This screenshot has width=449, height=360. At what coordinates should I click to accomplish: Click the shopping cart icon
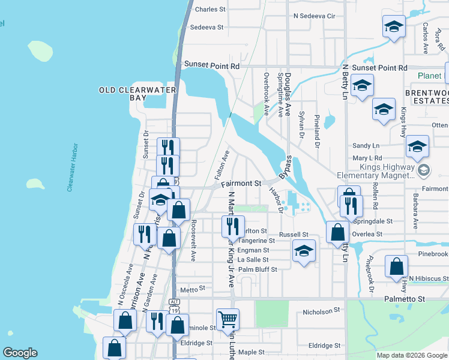tap(228, 319)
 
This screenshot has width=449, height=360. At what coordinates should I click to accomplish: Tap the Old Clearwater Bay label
tap(137, 94)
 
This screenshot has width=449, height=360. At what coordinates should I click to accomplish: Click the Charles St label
tap(210, 10)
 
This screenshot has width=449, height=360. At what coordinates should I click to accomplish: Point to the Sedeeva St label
tap(206, 28)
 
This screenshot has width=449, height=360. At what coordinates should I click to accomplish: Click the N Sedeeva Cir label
tap(313, 16)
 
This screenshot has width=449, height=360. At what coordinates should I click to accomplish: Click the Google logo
tap(20, 353)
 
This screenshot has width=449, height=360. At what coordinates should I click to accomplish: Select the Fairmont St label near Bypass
tap(241, 183)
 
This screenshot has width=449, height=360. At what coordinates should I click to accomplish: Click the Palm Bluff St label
tap(258, 269)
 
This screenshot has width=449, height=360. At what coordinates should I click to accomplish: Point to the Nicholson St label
tap(322, 311)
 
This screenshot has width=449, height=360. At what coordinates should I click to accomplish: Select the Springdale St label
tap(373, 221)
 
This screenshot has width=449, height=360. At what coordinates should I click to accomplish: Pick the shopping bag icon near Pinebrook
tap(396, 266)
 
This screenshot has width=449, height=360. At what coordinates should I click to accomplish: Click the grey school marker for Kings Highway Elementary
tap(424, 170)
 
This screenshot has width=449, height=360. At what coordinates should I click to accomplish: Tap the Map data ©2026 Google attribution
tap(411, 355)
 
